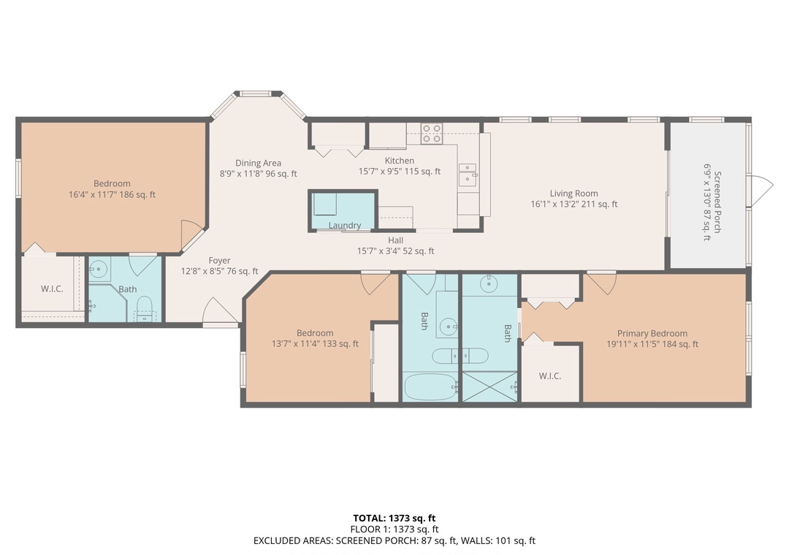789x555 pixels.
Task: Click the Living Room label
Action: (x=573, y=194)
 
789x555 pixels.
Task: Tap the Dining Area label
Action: (x=258, y=163)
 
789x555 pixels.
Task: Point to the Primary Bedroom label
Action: (x=652, y=334)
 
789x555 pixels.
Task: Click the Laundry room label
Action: (x=345, y=226)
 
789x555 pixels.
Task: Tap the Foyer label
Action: (x=219, y=261)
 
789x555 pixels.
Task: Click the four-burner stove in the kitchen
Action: (x=432, y=134)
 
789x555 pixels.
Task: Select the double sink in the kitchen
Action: (x=468, y=174)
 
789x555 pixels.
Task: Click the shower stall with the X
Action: (x=489, y=386)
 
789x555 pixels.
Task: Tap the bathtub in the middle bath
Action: (x=431, y=387)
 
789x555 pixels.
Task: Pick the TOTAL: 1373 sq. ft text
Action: (x=394, y=518)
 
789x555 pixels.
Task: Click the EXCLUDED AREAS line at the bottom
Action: (x=394, y=541)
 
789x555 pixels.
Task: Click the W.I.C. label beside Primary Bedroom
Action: (x=549, y=376)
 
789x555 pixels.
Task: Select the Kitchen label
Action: (x=400, y=161)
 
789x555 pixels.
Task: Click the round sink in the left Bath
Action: (x=99, y=269)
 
